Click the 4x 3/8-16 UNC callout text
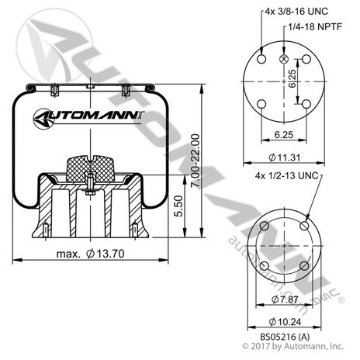(296, 12)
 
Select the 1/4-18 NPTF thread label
(315, 26)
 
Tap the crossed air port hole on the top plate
(284, 59)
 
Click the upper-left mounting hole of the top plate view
(261, 59)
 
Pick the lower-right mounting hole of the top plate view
(306, 104)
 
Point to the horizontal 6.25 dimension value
(284, 135)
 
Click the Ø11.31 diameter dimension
(285, 157)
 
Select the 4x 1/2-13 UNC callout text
(286, 176)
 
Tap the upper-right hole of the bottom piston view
(305, 226)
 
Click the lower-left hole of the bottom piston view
(264, 266)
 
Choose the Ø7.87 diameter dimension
(285, 299)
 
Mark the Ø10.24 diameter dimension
(285, 322)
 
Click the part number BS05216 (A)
(285, 337)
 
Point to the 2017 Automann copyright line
(292, 346)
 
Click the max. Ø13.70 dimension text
(91, 254)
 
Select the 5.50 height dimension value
(178, 206)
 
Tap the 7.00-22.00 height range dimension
(196, 161)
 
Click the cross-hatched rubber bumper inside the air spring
(90, 168)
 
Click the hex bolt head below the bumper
(90, 192)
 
